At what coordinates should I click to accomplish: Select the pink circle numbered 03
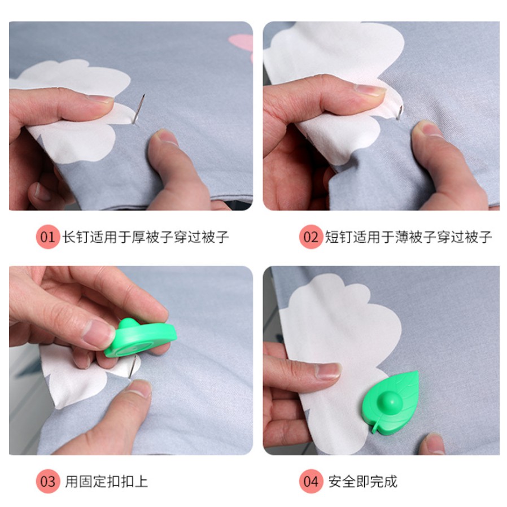(48, 482)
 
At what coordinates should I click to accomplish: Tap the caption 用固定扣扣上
(107, 482)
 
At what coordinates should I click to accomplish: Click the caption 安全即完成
(363, 482)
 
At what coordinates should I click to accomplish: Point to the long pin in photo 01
(139, 107)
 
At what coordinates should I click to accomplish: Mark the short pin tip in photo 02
(399, 113)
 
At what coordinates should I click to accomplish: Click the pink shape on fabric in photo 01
(241, 43)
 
